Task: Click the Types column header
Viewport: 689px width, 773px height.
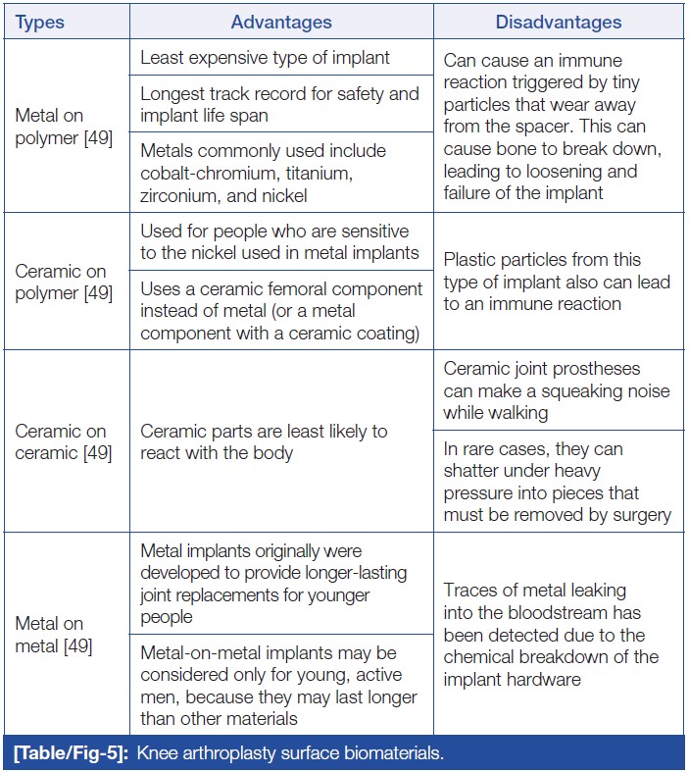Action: pos(39,22)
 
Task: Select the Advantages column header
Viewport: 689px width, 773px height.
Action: pos(281,22)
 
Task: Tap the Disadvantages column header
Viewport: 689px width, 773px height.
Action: pos(558,22)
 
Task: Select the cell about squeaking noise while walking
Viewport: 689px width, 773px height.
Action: pos(556,390)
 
